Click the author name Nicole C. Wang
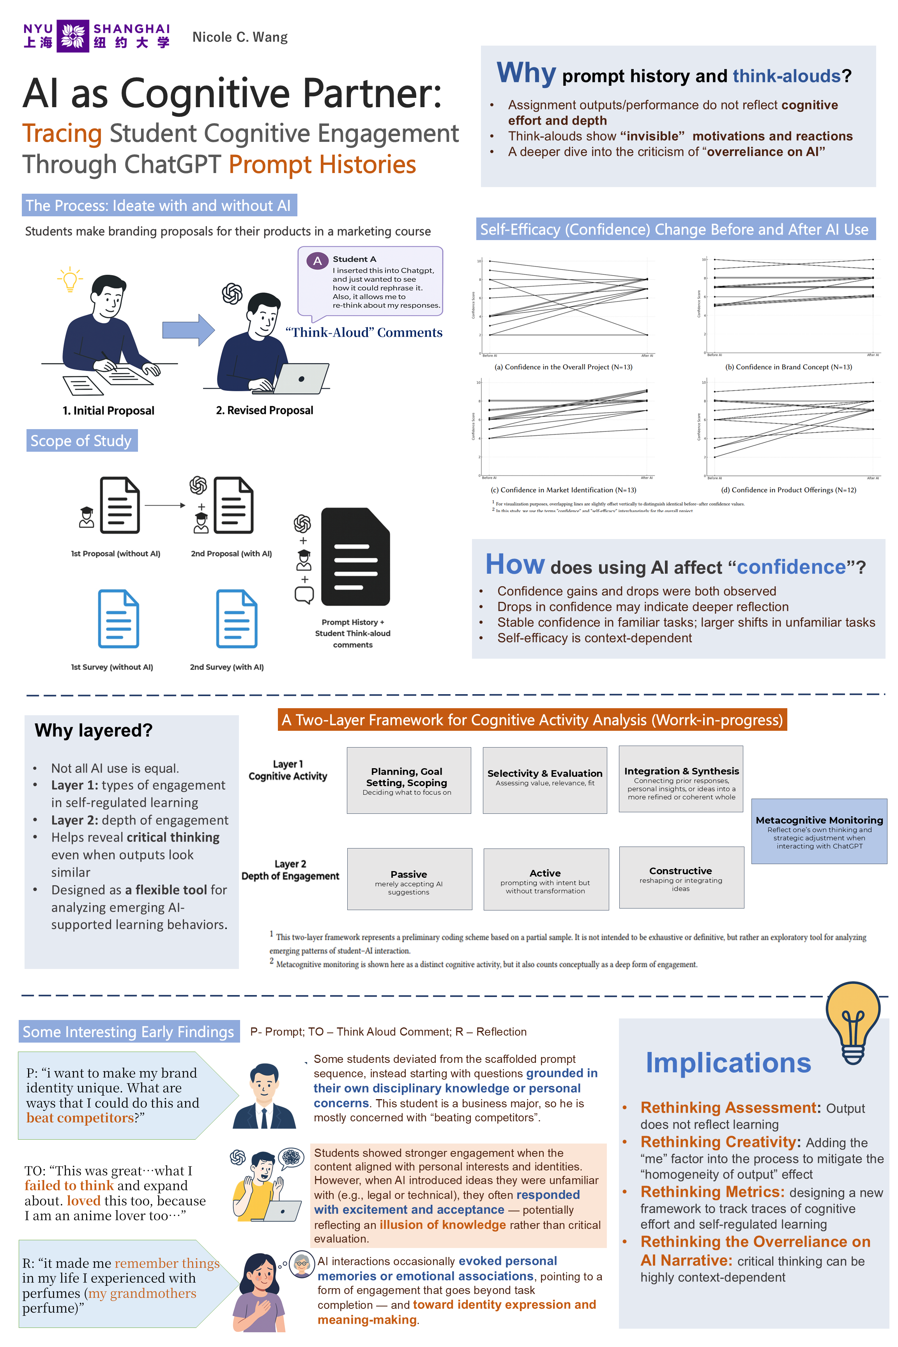coord(240,37)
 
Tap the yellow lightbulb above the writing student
coord(70,279)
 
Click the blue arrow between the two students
coord(188,329)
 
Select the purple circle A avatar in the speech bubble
coord(317,261)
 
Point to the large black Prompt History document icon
coord(355,556)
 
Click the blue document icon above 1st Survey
coord(118,619)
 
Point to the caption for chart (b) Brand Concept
coord(788,367)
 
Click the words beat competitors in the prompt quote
coord(80,1117)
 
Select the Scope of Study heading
coord(81,440)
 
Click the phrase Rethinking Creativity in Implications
coord(718,1142)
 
